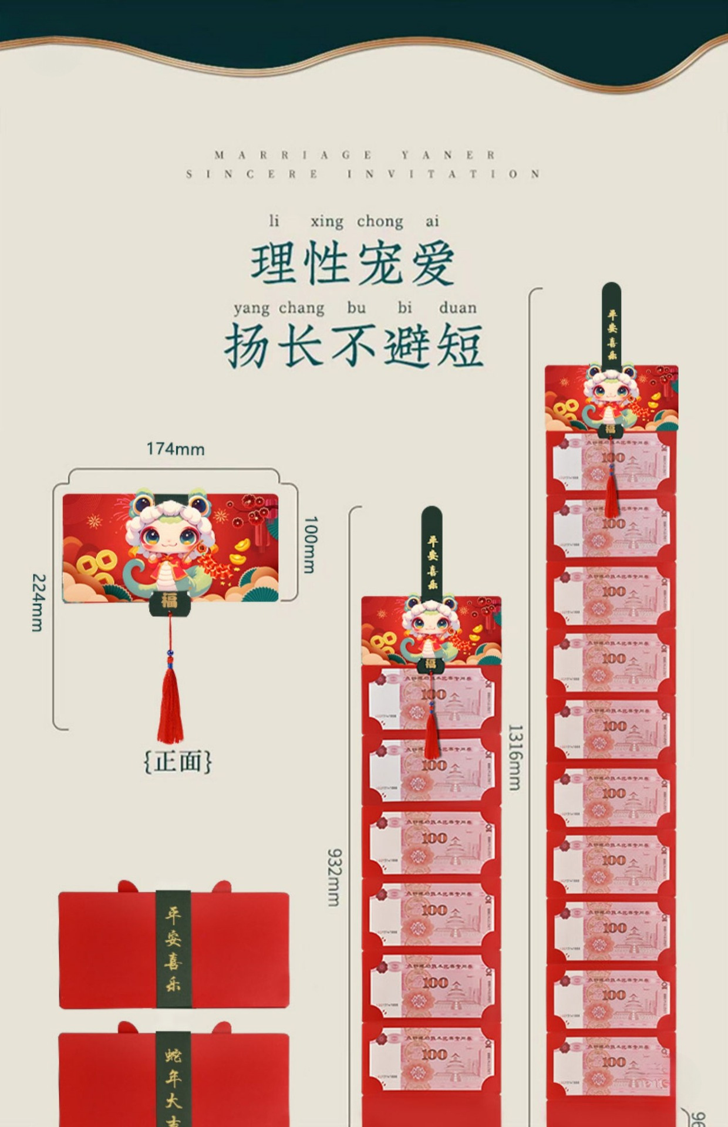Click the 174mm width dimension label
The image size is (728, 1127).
(x=175, y=449)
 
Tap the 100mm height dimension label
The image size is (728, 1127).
(x=311, y=544)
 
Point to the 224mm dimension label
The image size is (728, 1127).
(x=38, y=602)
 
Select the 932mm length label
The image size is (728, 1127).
(x=334, y=877)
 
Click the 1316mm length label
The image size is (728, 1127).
(x=515, y=757)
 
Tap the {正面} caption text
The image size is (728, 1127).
(x=177, y=761)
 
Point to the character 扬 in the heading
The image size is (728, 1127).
(x=247, y=346)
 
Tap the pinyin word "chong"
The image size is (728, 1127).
(x=380, y=221)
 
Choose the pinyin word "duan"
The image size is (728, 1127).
(x=457, y=308)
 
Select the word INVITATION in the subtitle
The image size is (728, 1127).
(x=443, y=174)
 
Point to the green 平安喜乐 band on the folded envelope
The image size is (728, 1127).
(x=173, y=949)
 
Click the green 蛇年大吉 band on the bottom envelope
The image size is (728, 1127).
(x=173, y=1080)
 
